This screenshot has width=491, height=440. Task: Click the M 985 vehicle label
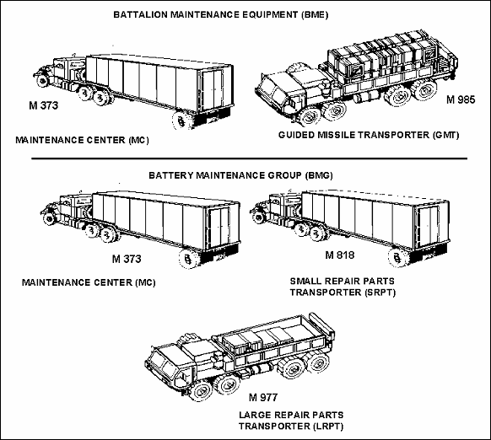coord(461,99)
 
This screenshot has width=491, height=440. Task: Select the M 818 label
coord(340,255)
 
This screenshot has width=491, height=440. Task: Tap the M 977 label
coord(263,398)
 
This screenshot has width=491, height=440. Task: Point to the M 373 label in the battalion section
coord(44,105)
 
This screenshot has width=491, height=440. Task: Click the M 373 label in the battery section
coord(127,259)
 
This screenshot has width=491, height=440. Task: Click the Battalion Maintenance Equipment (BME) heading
coord(221,14)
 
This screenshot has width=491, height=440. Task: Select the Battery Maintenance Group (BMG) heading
coord(240,175)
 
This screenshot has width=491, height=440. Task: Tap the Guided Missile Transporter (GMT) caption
coord(369,135)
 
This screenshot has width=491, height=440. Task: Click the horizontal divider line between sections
coord(249,158)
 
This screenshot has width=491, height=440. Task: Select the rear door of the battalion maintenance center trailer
coord(213,89)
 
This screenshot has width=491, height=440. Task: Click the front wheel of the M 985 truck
coord(309,116)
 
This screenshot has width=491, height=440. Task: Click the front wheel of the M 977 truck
coord(201,390)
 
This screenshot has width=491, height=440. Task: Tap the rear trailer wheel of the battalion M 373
coord(182,119)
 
